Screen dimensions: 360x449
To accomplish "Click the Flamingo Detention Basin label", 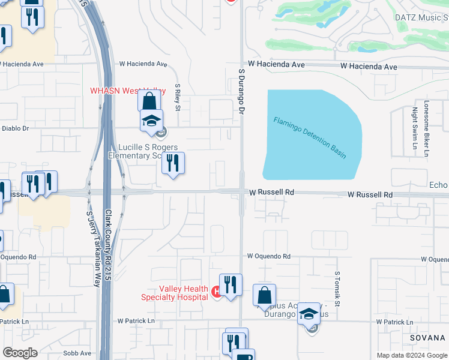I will (310, 137).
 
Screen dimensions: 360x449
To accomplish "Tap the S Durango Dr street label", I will (242, 91).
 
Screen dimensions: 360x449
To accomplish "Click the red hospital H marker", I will (216, 292).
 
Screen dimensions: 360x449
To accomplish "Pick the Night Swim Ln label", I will (414, 128).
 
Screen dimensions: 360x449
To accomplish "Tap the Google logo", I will (20, 353).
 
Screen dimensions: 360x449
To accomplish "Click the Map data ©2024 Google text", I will (412, 355).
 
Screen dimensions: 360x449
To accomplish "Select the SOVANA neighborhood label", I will (427, 338).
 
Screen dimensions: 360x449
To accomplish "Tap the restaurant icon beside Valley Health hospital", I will (231, 285).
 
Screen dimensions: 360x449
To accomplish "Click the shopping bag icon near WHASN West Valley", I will (148, 101).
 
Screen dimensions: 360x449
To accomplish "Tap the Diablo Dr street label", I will (14, 128).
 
